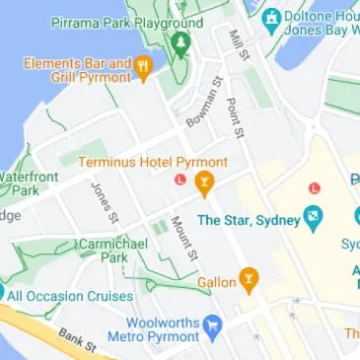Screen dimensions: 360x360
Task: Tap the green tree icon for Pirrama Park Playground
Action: click(180, 42)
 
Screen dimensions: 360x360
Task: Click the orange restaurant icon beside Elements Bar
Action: click(143, 68)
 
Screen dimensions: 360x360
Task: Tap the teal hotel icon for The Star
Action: click(313, 215)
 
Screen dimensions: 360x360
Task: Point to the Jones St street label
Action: click(105, 201)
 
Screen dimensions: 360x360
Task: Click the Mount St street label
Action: click(184, 239)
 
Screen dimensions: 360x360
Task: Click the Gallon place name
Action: click(216, 283)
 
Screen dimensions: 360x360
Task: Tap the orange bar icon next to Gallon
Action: click(251, 281)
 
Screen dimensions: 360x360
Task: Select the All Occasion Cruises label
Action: click(69, 295)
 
